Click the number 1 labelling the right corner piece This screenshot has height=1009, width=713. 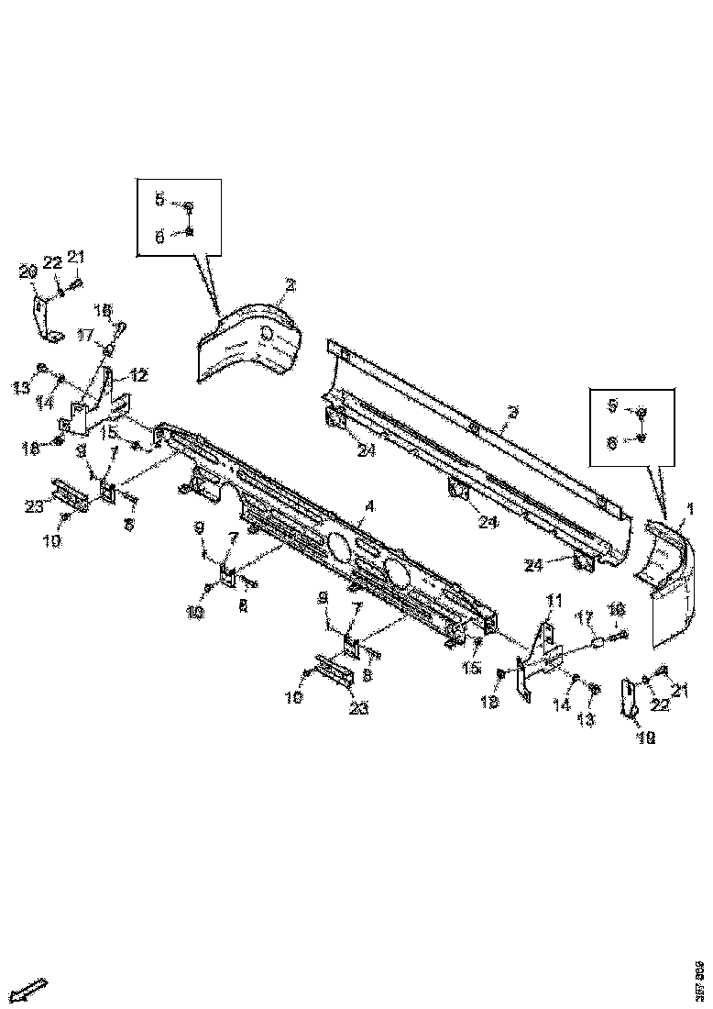pyautogui.click(x=689, y=507)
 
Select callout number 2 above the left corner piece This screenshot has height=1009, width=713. pyautogui.click(x=290, y=286)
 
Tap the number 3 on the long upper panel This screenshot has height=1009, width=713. pyautogui.click(x=512, y=413)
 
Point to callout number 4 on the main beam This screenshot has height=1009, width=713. pyautogui.click(x=369, y=505)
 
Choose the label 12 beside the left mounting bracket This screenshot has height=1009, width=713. pyautogui.click(x=140, y=374)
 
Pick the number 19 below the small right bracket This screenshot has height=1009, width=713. pyautogui.click(x=646, y=737)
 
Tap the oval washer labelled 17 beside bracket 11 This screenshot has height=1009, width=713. pyautogui.click(x=597, y=644)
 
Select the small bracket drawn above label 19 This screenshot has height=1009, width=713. pyautogui.click(x=629, y=697)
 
